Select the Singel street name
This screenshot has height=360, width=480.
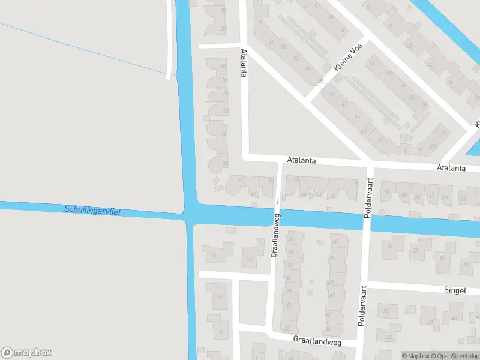(x=455, y=290)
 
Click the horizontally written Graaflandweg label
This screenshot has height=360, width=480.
(x=317, y=340)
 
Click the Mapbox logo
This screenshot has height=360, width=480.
(x=26, y=352)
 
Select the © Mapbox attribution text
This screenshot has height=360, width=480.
(x=415, y=356)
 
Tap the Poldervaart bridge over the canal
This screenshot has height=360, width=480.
(x=367, y=222)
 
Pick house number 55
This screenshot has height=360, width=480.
(x=358, y=116)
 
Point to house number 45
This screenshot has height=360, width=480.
(x=454, y=319)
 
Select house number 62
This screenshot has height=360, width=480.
(x=432, y=195)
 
